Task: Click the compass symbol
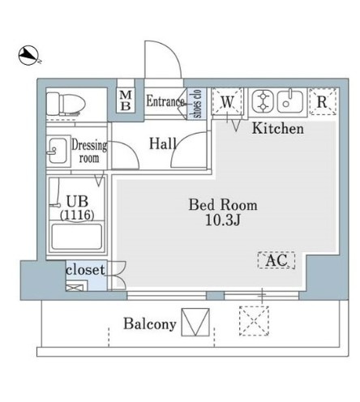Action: pyautogui.click(x=29, y=55)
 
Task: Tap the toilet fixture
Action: pyautogui.click(x=66, y=104)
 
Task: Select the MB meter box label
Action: pyautogui.click(x=126, y=100)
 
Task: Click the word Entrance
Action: pyautogui.click(x=165, y=101)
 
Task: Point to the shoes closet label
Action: pyautogui.click(x=197, y=104)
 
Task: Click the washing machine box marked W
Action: pyautogui.click(x=227, y=102)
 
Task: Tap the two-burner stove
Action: pyautogui.click(x=263, y=102)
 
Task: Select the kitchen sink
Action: pyautogui.click(x=290, y=102)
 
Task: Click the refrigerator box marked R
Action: pyautogui.click(x=323, y=101)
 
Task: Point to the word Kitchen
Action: pyautogui.click(x=278, y=129)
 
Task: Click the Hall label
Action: pyautogui.click(x=163, y=143)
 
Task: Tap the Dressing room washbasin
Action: pyautogui.click(x=58, y=151)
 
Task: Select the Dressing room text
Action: pyautogui.click(x=89, y=152)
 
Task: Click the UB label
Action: pyautogui.click(x=77, y=202)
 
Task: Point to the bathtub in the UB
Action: pyautogui.click(x=77, y=237)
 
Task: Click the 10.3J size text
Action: pyautogui.click(x=223, y=220)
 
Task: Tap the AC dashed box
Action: pyautogui.click(x=276, y=260)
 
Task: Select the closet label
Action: pyautogui.click(x=85, y=270)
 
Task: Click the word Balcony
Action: pyautogui.click(x=150, y=323)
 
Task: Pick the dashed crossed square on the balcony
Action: pyautogui.click(x=254, y=321)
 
